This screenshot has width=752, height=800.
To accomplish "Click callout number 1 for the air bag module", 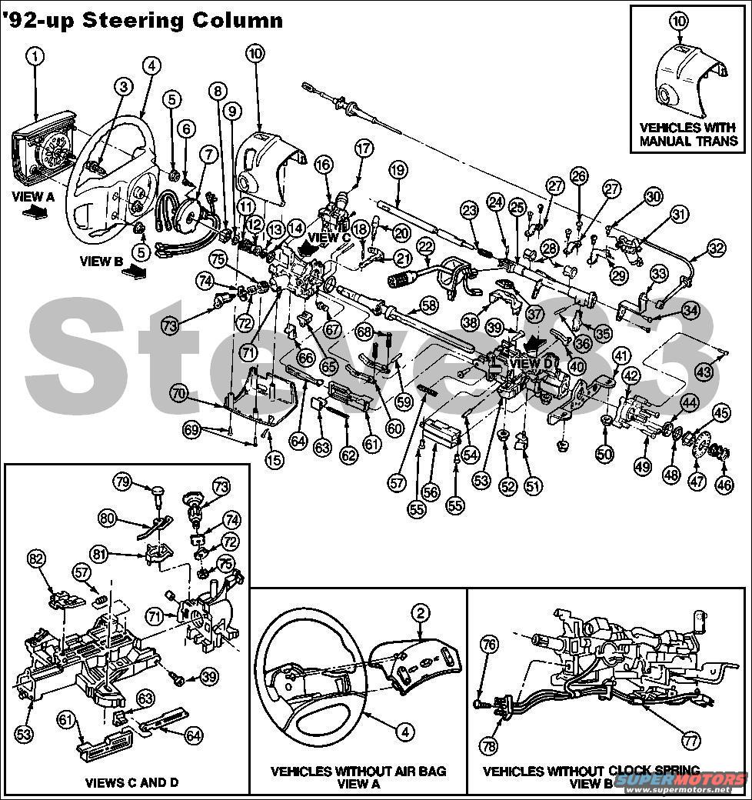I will pos(35,55).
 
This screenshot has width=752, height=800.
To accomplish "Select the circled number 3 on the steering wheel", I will pos(122,87).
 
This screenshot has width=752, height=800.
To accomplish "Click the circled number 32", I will pos(716,248).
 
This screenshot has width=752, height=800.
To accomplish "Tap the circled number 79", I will pos(122,482).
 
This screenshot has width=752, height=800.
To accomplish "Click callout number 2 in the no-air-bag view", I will pos(421,613).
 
